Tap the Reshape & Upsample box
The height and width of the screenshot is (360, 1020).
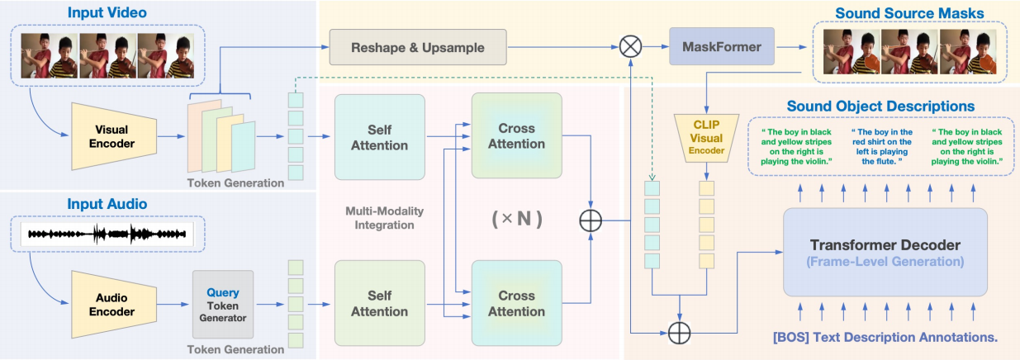pyautogui.click(x=417, y=46)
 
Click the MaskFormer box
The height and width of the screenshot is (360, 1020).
pyautogui.click(x=722, y=47)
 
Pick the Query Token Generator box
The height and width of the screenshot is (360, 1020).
pyautogui.click(x=223, y=303)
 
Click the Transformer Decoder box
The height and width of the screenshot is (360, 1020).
pyautogui.click(x=885, y=253)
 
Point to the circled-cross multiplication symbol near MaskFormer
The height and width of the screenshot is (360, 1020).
pyautogui.click(x=631, y=47)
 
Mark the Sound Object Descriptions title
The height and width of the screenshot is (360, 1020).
pyautogui.click(x=880, y=107)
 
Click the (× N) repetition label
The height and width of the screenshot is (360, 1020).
pyautogui.click(x=516, y=220)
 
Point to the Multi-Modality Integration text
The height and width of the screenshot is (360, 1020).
pyautogui.click(x=380, y=218)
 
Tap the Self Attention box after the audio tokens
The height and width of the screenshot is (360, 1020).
pyautogui.click(x=379, y=303)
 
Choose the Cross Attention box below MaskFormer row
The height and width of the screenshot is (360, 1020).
pyautogui.click(x=516, y=135)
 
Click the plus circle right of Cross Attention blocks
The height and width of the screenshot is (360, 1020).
pyautogui.click(x=591, y=220)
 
